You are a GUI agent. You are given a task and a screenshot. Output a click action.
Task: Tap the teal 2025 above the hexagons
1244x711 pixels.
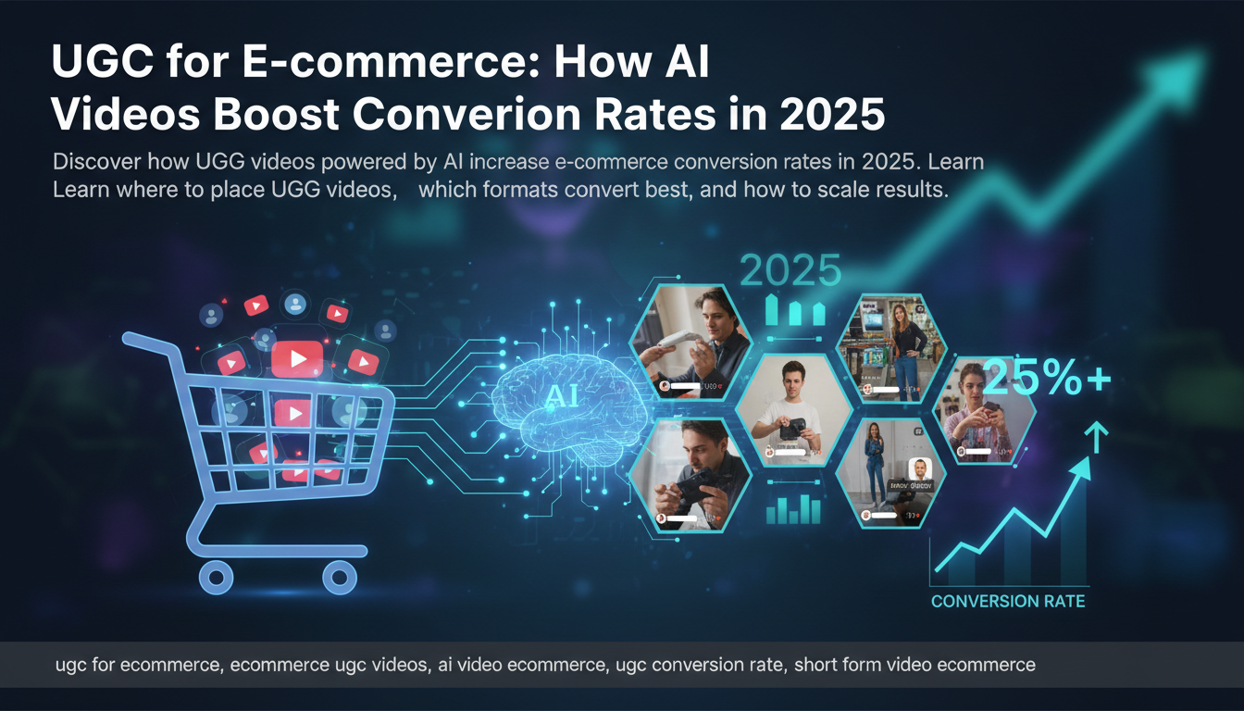click(x=790, y=270)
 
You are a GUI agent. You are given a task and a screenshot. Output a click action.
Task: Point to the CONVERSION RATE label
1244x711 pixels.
click(x=1008, y=602)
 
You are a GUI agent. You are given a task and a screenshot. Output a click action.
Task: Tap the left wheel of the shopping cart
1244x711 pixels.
click(x=216, y=580)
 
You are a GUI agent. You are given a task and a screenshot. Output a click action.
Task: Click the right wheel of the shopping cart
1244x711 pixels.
click(x=339, y=580)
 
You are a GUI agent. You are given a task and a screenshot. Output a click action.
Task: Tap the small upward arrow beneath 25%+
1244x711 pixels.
click(x=1095, y=434)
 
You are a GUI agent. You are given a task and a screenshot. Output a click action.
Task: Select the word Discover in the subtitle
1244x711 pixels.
click(x=94, y=161)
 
